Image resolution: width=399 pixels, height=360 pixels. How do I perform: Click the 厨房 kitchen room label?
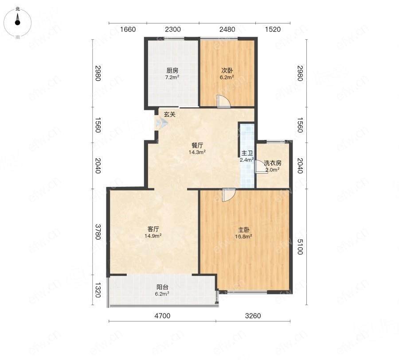172,70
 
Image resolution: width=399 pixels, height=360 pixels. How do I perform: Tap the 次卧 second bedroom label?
227,70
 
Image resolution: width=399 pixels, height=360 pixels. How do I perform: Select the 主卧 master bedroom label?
243,230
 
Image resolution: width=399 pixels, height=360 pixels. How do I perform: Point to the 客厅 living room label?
153,229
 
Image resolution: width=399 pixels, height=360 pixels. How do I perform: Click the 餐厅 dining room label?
197,146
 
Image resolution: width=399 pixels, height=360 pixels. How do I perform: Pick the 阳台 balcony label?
162,287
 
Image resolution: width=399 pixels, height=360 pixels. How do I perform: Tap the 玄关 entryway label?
170,114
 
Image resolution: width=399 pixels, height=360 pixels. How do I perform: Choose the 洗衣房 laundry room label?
272,163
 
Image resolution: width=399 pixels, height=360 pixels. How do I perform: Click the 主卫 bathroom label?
247,153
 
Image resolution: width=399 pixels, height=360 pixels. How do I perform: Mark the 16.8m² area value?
243,237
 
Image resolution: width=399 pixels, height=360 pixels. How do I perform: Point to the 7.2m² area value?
172,77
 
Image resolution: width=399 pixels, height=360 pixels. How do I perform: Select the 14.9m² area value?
153,236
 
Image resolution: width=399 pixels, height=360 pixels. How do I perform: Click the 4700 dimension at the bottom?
162,316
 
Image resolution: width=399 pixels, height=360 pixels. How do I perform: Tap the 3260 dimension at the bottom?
253,316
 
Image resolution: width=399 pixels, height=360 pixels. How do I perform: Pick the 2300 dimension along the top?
173,30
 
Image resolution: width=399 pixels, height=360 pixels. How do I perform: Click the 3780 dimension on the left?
98,232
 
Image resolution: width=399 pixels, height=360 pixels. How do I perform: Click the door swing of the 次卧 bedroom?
224,101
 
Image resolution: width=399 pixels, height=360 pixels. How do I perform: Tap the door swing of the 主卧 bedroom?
228,195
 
